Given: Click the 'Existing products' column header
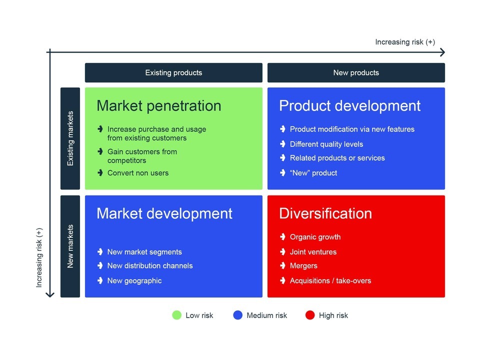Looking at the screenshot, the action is point(173,72).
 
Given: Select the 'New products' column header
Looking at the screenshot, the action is point(356,72).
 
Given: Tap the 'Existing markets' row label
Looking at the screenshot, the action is point(70,138).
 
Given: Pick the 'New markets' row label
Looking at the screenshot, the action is point(70,246).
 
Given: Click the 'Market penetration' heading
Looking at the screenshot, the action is point(159,106).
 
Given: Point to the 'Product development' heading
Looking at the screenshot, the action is point(350,106).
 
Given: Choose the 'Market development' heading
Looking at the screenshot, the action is point(164,213).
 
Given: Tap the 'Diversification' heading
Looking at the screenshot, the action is point(325,213).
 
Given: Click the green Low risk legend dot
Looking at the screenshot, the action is point(177,315).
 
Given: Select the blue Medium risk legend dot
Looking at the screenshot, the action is point(238,315).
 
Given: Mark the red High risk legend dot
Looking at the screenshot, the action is point(310,315).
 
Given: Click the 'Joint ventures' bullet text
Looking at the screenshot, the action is point(313,252).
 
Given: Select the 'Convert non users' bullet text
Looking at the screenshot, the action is point(138,173).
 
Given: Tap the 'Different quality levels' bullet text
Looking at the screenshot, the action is point(326,144).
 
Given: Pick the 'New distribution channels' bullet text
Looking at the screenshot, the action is point(150,265).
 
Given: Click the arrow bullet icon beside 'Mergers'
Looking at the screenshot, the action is point(283,265).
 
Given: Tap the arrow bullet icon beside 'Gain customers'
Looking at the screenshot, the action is point(100,151).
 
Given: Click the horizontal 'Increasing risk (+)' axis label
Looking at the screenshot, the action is point(405,42).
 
